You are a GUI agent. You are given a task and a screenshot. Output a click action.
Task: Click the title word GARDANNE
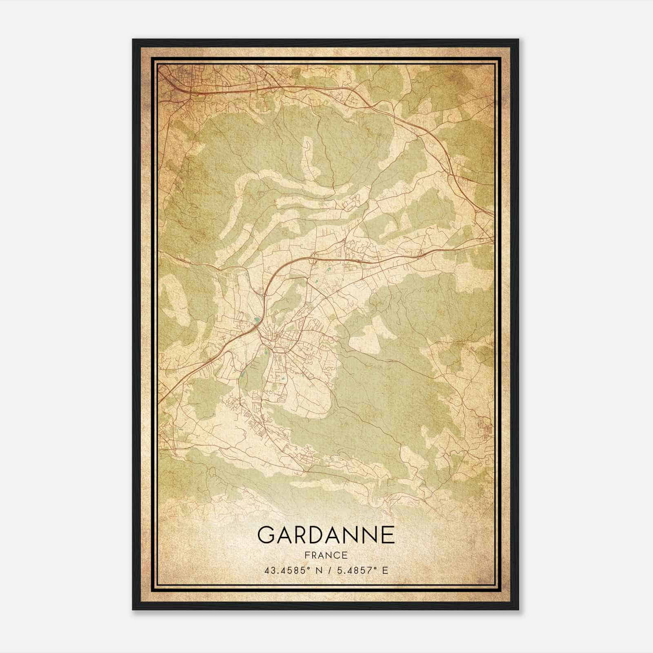(326, 535)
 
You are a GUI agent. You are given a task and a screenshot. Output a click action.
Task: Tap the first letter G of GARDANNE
(266, 535)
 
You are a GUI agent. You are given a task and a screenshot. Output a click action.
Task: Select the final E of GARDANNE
(389, 535)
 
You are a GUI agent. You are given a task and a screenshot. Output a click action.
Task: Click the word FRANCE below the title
(326, 555)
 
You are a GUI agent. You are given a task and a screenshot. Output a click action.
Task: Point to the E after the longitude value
(385, 570)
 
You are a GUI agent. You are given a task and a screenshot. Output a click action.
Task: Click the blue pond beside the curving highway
(256, 320)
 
